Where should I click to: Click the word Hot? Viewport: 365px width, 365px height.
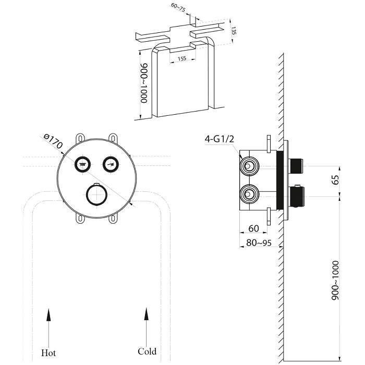coord(48,352)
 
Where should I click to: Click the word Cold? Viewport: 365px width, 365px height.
coord(147,351)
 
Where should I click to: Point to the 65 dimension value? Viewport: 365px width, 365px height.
coord(336,180)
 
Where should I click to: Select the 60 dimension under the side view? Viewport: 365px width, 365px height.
coord(253,228)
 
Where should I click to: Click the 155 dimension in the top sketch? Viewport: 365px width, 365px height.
coord(182,58)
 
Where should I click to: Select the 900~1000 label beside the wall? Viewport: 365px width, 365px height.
coord(336,279)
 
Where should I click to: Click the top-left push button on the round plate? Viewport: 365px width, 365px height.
coord(82,164)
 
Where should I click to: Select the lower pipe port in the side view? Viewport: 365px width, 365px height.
coord(248,196)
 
